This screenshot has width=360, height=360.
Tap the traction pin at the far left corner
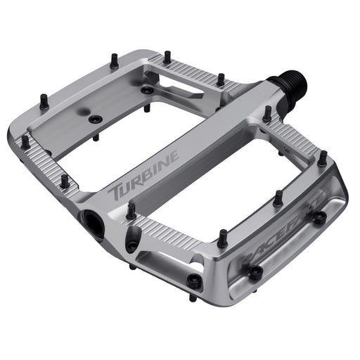[x=25, y=142]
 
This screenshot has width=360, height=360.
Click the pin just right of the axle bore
[x=131, y=210]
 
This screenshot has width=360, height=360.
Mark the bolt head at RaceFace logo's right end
[x=319, y=218]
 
